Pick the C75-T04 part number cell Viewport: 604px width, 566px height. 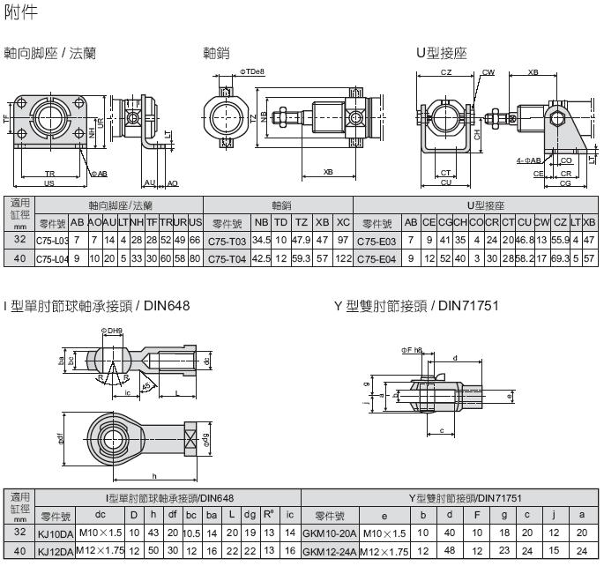pyautogui.click(x=227, y=259)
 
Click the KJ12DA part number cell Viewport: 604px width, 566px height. pyautogui.click(x=55, y=552)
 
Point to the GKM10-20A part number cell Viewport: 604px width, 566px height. pyautogui.click(x=329, y=533)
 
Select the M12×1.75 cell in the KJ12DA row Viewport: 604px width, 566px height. pyautogui.click(x=99, y=552)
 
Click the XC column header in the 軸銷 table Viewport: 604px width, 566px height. pyautogui.click(x=342, y=223)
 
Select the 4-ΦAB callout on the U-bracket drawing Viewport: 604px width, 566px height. pyautogui.click(x=527, y=161)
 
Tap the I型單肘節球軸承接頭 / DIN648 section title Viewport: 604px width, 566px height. pyautogui.click(x=97, y=306)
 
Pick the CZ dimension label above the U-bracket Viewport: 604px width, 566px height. pyautogui.click(x=447, y=72)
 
